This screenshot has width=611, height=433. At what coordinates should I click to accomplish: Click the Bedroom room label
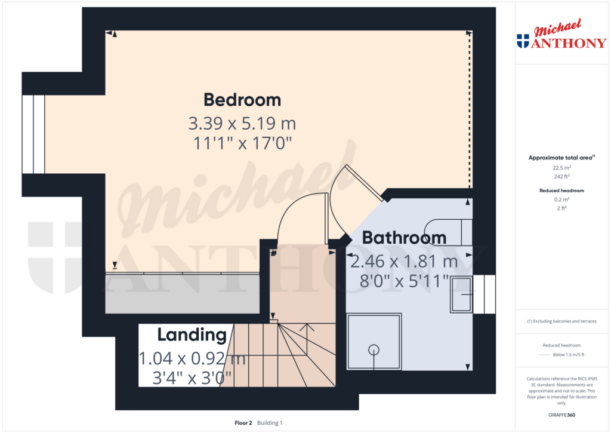pos(242,100)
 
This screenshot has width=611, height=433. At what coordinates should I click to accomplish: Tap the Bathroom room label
pos(404,238)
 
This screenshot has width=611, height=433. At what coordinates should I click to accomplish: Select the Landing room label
pos(192,335)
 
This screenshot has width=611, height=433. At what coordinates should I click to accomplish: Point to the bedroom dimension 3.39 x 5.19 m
pos(242,123)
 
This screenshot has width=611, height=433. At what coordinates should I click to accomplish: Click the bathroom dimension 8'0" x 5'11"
pos(404,281)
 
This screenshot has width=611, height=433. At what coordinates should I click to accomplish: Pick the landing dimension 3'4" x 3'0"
pos(192,378)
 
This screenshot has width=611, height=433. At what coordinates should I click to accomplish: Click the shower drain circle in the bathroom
pos(374,349)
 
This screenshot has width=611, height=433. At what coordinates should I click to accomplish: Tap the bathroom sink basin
pos(461,294)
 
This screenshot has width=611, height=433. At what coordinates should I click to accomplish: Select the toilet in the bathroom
pos(448,232)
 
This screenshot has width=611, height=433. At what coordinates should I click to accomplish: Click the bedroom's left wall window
pos(33,134)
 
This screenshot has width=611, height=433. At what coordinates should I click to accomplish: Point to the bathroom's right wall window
pos(484,294)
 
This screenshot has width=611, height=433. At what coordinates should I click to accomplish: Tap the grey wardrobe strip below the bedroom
pos(183,293)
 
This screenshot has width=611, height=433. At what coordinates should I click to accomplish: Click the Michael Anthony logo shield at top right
pos(523,41)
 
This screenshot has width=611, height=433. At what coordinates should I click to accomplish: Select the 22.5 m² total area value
pos(561,168)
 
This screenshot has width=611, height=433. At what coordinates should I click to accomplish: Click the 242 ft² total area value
pos(561,176)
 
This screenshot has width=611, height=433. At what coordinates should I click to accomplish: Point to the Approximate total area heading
pos(561,158)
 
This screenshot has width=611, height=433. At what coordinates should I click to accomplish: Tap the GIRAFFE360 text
pos(561,415)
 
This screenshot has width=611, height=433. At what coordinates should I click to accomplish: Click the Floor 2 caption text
pos(243,423)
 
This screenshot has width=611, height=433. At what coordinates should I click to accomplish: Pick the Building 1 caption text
pos(270,423)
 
